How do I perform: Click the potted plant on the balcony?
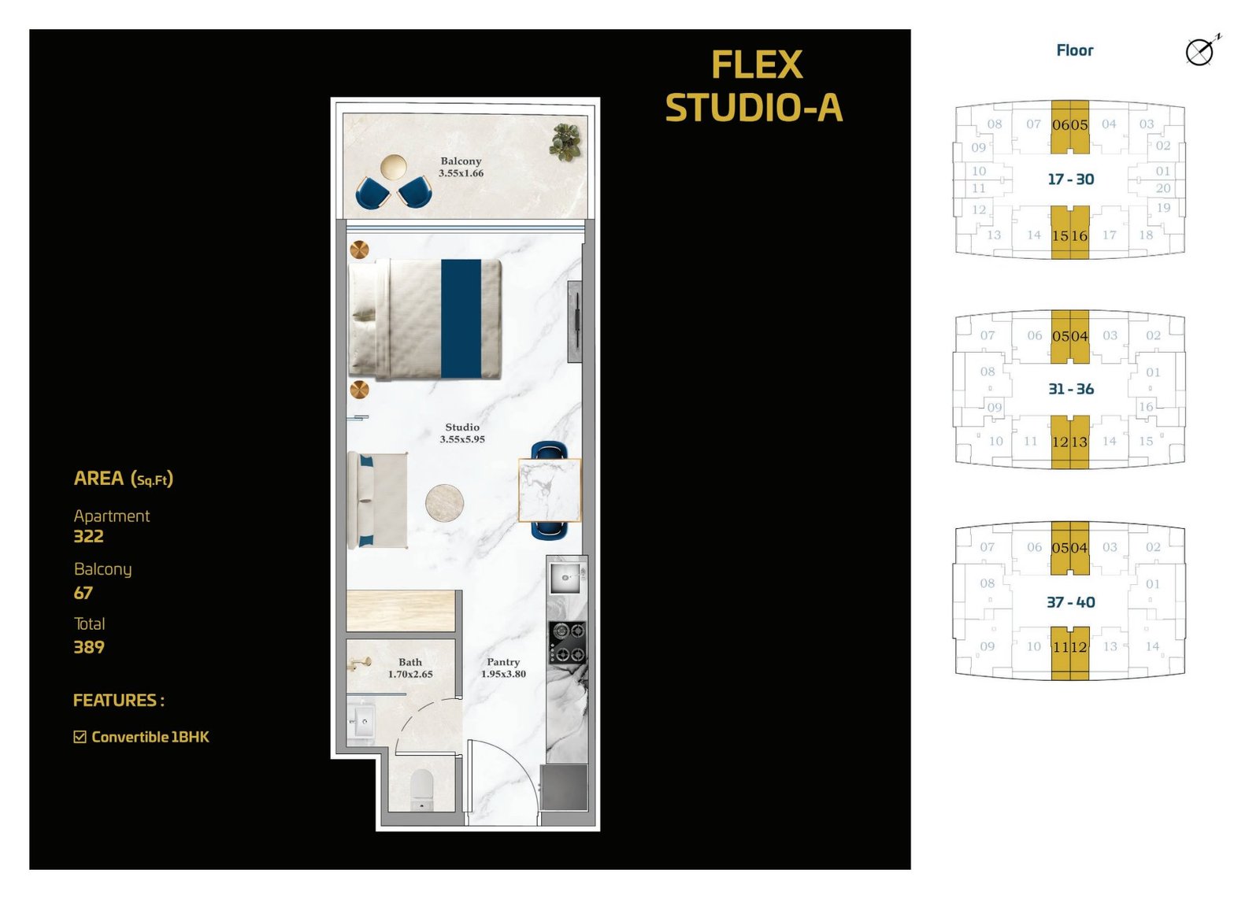coord(565,142)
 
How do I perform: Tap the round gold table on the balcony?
coord(393,167)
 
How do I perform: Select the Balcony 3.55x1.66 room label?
coord(461,167)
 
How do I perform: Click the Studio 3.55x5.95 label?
coord(461,433)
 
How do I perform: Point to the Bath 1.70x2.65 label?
coord(410,668)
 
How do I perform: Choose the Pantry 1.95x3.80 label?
coord(503,668)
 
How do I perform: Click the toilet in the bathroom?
coord(422,789)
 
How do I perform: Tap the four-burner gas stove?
coord(567,642)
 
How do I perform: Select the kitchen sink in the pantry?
coord(566,578)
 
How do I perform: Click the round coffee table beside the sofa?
coord(444,503)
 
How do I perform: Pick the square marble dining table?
coord(550,490)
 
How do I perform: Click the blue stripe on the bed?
coord(461,318)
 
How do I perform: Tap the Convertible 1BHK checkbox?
coord(80,737)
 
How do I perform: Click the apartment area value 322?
coord(88,536)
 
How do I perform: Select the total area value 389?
coord(89,646)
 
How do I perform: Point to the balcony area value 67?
coord(83,593)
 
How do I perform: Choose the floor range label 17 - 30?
coord(1070,179)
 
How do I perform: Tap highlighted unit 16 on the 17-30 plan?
coord(1080,235)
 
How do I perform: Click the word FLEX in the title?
coord(757,65)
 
